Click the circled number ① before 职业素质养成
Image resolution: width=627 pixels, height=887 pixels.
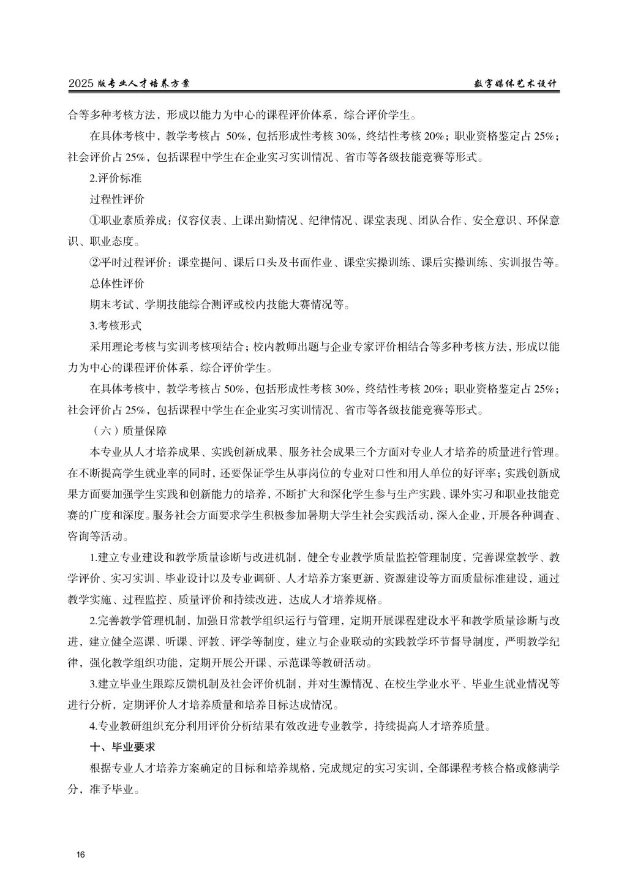pos(95,221)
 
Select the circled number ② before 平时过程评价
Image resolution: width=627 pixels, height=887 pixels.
pos(95,263)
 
